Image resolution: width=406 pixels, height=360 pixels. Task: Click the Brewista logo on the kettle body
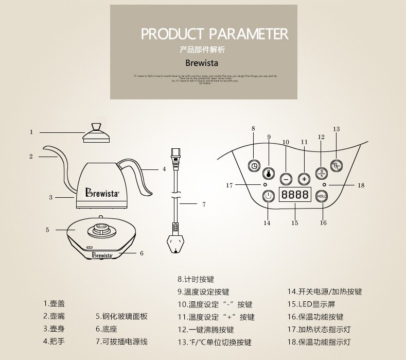(102, 194)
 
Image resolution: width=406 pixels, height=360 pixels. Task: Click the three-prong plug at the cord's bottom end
(175, 243)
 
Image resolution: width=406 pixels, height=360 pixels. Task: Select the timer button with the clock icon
(254, 165)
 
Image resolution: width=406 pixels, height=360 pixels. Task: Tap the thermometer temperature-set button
(268, 173)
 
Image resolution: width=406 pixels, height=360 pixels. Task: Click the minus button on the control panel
(286, 179)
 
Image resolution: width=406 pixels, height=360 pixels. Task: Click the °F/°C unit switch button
(337, 165)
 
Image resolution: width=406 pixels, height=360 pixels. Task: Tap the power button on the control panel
(268, 196)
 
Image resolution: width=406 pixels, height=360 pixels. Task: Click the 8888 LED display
(295, 195)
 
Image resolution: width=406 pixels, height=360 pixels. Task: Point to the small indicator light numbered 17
(266, 184)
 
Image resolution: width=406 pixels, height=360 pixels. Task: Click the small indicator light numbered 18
(324, 184)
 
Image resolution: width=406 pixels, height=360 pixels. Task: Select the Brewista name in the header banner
(202, 64)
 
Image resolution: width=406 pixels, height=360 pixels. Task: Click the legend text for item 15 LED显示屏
(312, 304)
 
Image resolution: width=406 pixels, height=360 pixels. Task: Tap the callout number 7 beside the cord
(204, 204)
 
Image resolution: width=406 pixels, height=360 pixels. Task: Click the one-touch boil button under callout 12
(321, 173)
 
